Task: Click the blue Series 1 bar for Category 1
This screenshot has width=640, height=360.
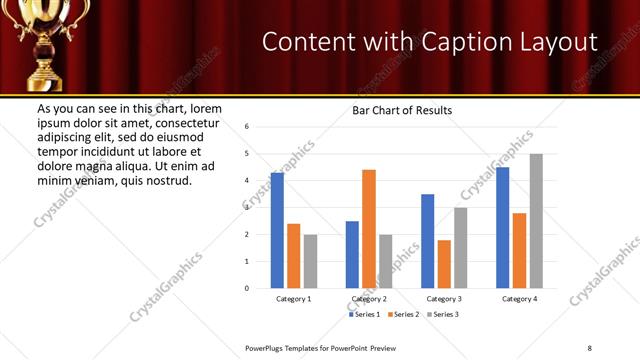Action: point(277,230)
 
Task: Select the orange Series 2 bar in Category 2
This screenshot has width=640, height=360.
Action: point(369,229)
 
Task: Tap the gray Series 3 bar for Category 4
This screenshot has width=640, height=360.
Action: point(536,221)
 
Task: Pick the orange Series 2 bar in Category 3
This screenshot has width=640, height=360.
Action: point(444,264)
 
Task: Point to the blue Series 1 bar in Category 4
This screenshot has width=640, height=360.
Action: point(503,227)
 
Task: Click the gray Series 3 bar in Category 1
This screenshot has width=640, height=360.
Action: point(310,261)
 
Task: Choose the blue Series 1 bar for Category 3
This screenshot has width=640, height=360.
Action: point(428,241)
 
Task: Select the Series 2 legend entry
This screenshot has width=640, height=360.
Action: point(403,314)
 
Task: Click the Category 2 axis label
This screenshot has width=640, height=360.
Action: point(369,299)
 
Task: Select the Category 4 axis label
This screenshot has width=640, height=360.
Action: point(519,299)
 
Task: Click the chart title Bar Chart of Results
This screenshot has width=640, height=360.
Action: point(402,110)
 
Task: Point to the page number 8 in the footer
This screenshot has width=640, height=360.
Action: point(590,347)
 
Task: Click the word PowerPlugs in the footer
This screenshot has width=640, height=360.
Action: point(267,347)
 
